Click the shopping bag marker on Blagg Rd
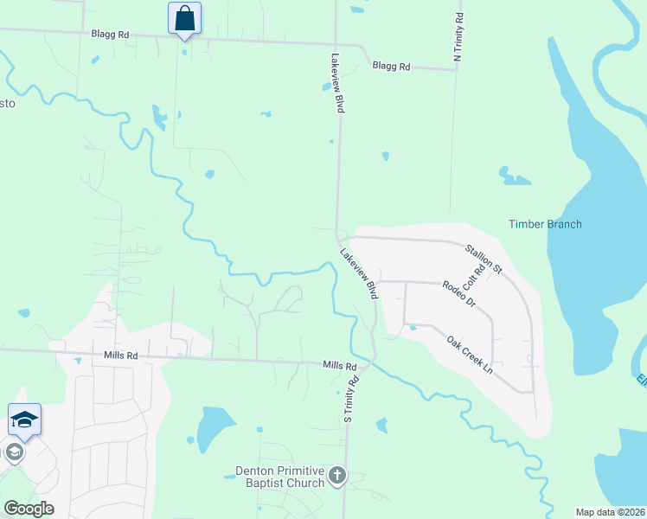click(x=184, y=17)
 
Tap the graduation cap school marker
click(x=24, y=420)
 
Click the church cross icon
click(x=337, y=476)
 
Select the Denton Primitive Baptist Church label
click(x=279, y=477)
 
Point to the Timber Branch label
click(x=544, y=224)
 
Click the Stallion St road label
click(x=484, y=259)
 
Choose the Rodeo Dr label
click(x=459, y=294)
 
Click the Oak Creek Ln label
click(x=470, y=355)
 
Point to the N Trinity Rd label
click(x=458, y=36)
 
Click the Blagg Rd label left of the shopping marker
click(x=110, y=35)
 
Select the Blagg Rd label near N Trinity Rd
click(x=391, y=66)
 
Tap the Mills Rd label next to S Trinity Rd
click(x=340, y=367)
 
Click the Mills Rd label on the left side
click(x=120, y=355)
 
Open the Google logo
click(x=29, y=509)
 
